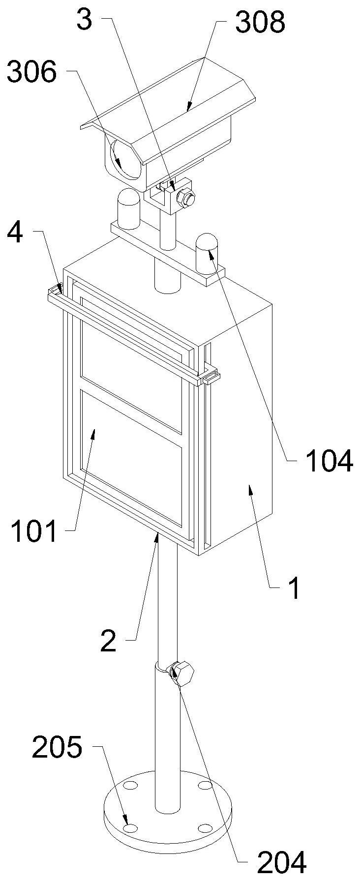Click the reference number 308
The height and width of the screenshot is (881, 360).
click(260, 23)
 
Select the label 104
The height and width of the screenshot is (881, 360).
click(329, 461)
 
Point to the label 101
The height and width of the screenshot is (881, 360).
click(34, 532)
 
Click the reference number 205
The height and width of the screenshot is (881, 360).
click(57, 748)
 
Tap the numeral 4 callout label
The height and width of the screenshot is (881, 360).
click(15, 233)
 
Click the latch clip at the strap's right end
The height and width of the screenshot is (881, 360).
click(210, 377)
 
